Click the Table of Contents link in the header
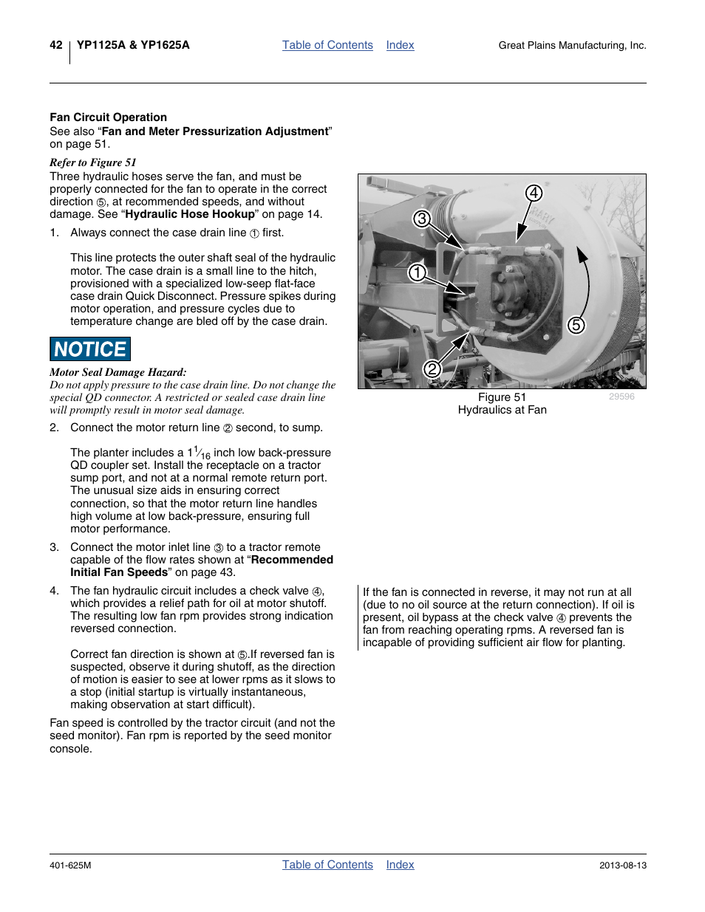(x=327, y=45)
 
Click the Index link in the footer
(x=400, y=865)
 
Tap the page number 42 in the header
(x=56, y=45)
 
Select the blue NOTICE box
(x=90, y=349)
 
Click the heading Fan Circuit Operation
(x=109, y=117)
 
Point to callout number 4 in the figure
(x=534, y=193)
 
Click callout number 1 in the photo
(x=418, y=272)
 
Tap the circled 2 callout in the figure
(x=432, y=368)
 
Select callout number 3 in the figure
(x=421, y=219)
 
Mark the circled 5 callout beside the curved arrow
(x=576, y=325)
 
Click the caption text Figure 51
(x=502, y=397)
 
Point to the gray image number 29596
(x=621, y=397)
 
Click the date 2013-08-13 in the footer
(x=622, y=865)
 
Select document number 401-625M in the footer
(x=70, y=865)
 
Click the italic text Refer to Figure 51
(x=93, y=162)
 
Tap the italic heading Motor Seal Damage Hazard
(x=118, y=372)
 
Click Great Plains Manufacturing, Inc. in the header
(x=572, y=46)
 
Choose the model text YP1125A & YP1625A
(x=133, y=45)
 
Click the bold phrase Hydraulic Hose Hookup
(x=190, y=214)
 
